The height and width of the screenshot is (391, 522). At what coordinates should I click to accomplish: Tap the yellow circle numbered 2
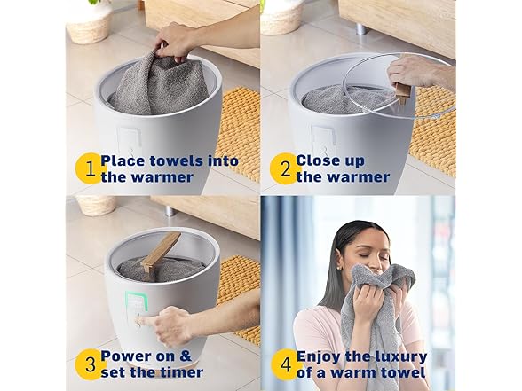pos(285,168)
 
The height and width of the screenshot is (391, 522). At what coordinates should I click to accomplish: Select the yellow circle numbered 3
pos(90,364)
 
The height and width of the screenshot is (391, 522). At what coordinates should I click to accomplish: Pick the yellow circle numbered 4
pos(286,364)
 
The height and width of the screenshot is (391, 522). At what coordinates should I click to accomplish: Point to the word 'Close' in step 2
pos(317,161)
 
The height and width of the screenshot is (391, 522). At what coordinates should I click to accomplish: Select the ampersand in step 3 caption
pos(185,356)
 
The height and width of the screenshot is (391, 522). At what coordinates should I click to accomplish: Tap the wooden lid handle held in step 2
pos(402,94)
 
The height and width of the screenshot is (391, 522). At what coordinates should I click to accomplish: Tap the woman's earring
pos(339,268)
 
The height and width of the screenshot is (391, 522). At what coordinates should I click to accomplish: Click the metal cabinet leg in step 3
pos(170,211)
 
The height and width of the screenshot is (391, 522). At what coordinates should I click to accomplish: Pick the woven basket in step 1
pos(90,23)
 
